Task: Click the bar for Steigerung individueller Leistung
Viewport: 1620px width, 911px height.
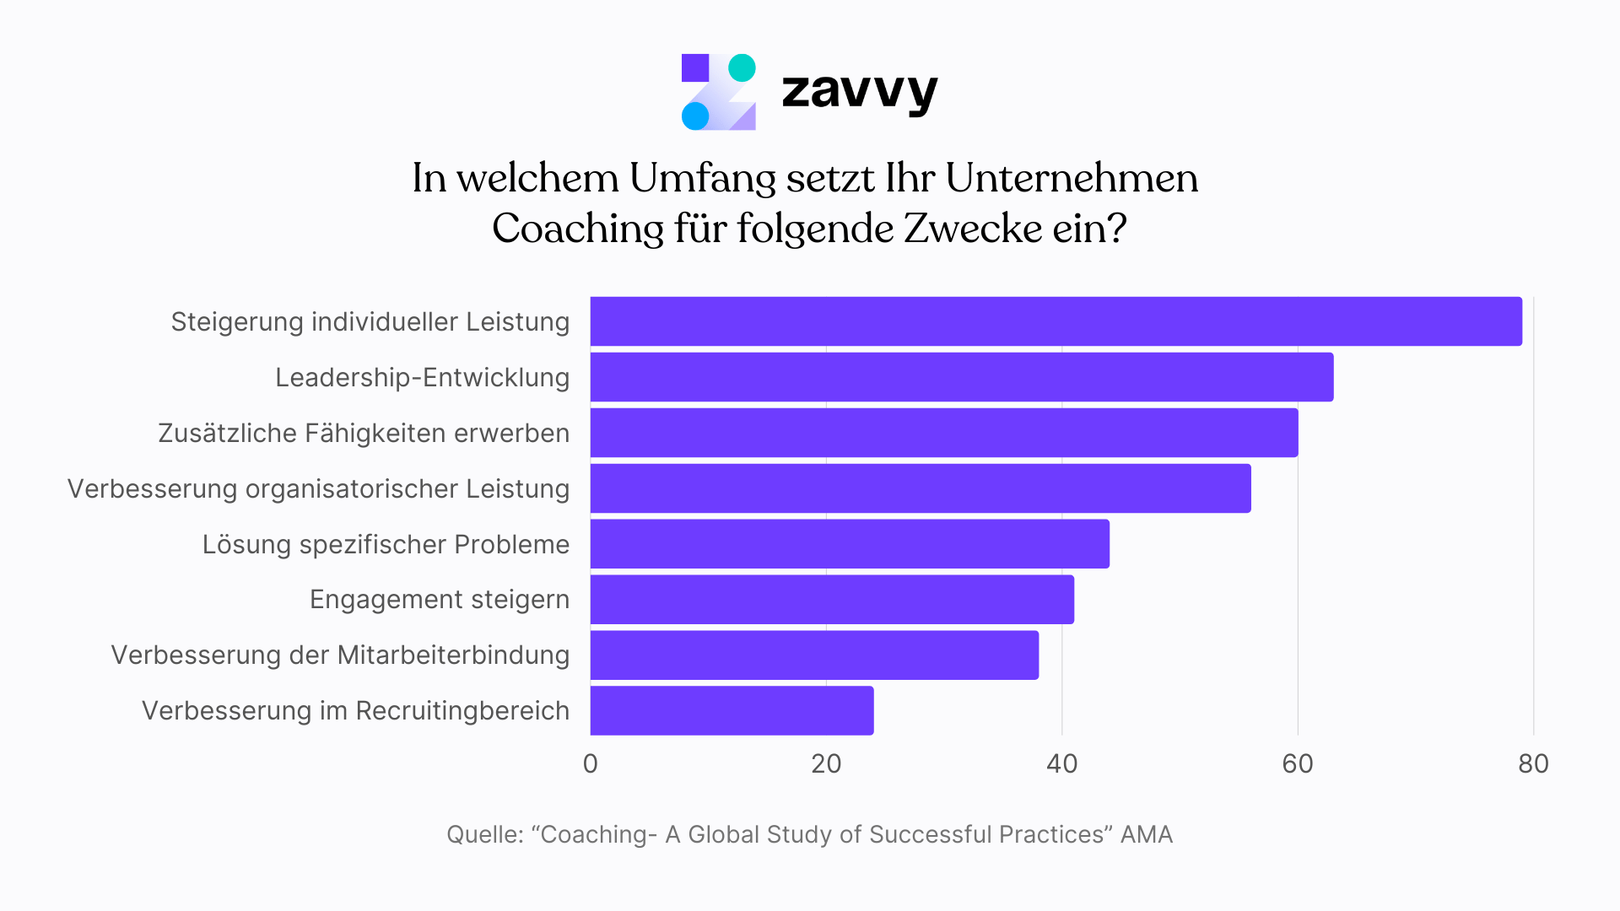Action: (x=1055, y=321)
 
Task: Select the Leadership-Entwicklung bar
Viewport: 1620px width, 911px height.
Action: (x=962, y=377)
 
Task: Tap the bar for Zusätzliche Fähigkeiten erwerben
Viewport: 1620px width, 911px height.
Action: (x=943, y=433)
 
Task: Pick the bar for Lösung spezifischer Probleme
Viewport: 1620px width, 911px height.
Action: (x=850, y=544)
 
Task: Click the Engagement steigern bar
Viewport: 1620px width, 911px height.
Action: (x=832, y=600)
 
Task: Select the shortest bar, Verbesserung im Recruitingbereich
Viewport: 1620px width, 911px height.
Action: (x=732, y=710)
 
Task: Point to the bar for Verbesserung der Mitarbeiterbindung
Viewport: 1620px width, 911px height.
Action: (x=814, y=655)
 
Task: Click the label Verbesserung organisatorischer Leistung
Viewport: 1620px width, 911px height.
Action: (x=318, y=488)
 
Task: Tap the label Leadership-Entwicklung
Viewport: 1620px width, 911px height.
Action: (x=422, y=377)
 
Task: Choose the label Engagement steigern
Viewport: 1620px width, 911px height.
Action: (x=439, y=600)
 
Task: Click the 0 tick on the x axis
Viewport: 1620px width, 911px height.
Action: (x=590, y=764)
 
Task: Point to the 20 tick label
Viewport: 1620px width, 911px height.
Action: (x=826, y=764)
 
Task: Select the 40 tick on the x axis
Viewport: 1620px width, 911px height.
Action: (x=1061, y=764)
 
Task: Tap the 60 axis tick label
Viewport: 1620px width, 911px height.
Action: (x=1297, y=764)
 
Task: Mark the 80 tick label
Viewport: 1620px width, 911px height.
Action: (x=1532, y=764)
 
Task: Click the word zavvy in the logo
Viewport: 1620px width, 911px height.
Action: (x=859, y=91)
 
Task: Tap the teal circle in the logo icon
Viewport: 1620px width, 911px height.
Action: (x=742, y=67)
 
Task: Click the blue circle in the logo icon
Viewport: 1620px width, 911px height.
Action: (x=695, y=116)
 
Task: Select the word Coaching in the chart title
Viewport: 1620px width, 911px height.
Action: (x=578, y=229)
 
